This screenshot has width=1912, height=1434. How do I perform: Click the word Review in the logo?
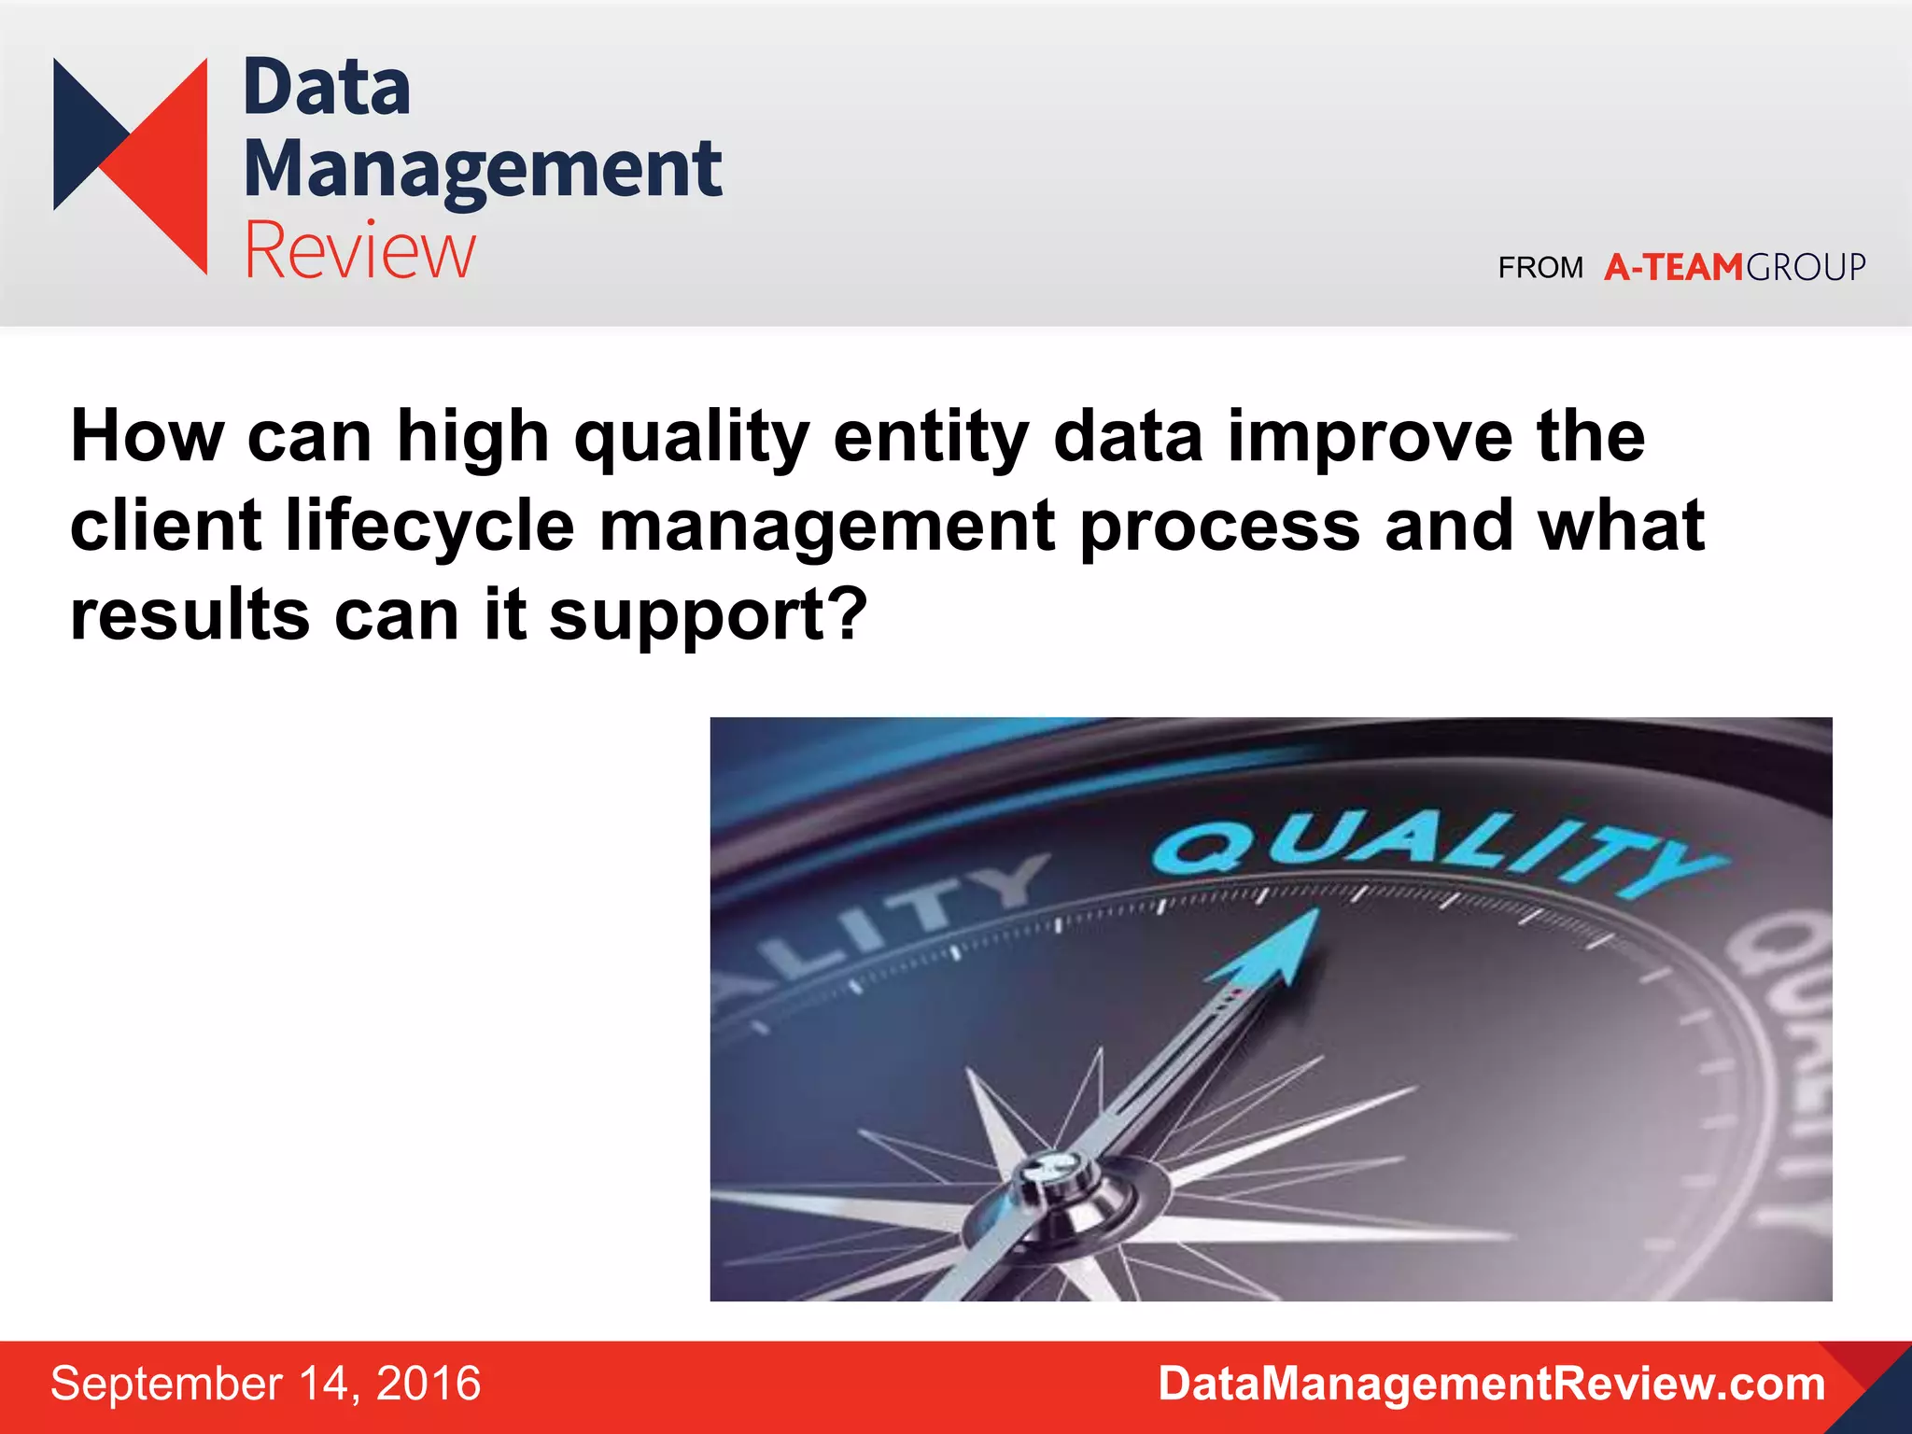pyautogui.click(x=359, y=250)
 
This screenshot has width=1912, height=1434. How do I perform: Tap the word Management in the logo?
pyautogui.click(x=482, y=170)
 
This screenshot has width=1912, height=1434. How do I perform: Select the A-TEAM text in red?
pyautogui.click(x=1673, y=268)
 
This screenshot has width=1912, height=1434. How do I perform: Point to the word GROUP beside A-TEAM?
pyautogui.click(x=1806, y=268)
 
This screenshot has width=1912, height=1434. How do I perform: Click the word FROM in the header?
pyautogui.click(x=1540, y=269)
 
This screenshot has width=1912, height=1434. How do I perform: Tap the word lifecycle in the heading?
pyautogui.click(x=430, y=526)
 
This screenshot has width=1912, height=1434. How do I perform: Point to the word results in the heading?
pyautogui.click(x=190, y=615)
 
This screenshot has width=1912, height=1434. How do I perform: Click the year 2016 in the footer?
pyautogui.click(x=428, y=1384)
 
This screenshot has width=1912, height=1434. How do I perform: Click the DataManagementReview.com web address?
pyautogui.click(x=1491, y=1384)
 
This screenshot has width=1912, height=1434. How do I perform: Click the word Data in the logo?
pyautogui.click(x=327, y=89)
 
